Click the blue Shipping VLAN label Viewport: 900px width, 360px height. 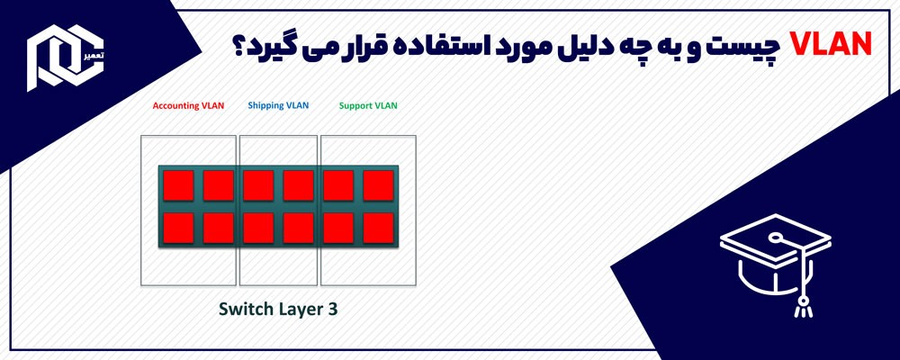click(x=278, y=105)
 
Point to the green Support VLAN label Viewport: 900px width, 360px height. click(x=368, y=105)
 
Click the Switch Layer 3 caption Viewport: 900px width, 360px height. click(x=278, y=309)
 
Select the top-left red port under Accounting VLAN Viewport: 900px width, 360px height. click(x=178, y=185)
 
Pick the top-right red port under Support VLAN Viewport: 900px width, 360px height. click(x=379, y=185)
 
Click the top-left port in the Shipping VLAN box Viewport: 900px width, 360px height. click(x=258, y=185)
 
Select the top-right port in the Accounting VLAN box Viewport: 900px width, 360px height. click(x=218, y=185)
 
